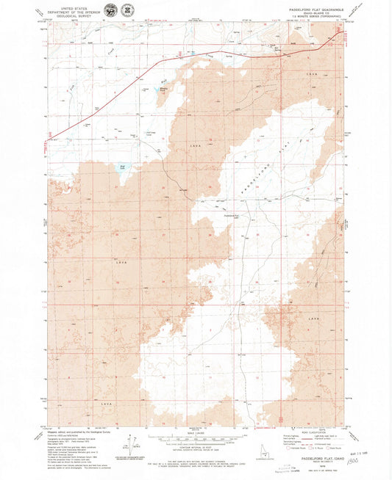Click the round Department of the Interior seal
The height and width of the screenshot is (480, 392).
(x=110, y=10)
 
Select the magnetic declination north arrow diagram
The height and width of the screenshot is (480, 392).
(x=130, y=448)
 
